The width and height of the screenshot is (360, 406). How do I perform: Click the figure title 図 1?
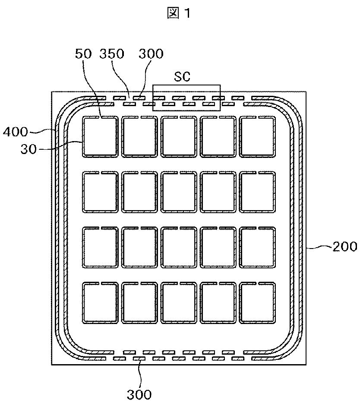(x=179, y=13)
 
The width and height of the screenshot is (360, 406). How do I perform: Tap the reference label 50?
(x=84, y=54)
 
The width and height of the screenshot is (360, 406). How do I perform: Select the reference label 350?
(x=112, y=54)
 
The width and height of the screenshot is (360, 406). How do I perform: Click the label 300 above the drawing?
(x=151, y=54)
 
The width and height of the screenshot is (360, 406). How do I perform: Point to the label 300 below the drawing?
(x=139, y=395)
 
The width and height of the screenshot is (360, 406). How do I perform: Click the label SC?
(x=182, y=77)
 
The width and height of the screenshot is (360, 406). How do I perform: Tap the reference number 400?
(x=15, y=132)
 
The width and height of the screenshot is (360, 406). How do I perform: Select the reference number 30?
(x=28, y=149)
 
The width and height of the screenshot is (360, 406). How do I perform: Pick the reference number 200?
(x=345, y=247)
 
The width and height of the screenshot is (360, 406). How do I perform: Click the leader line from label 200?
(x=319, y=248)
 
